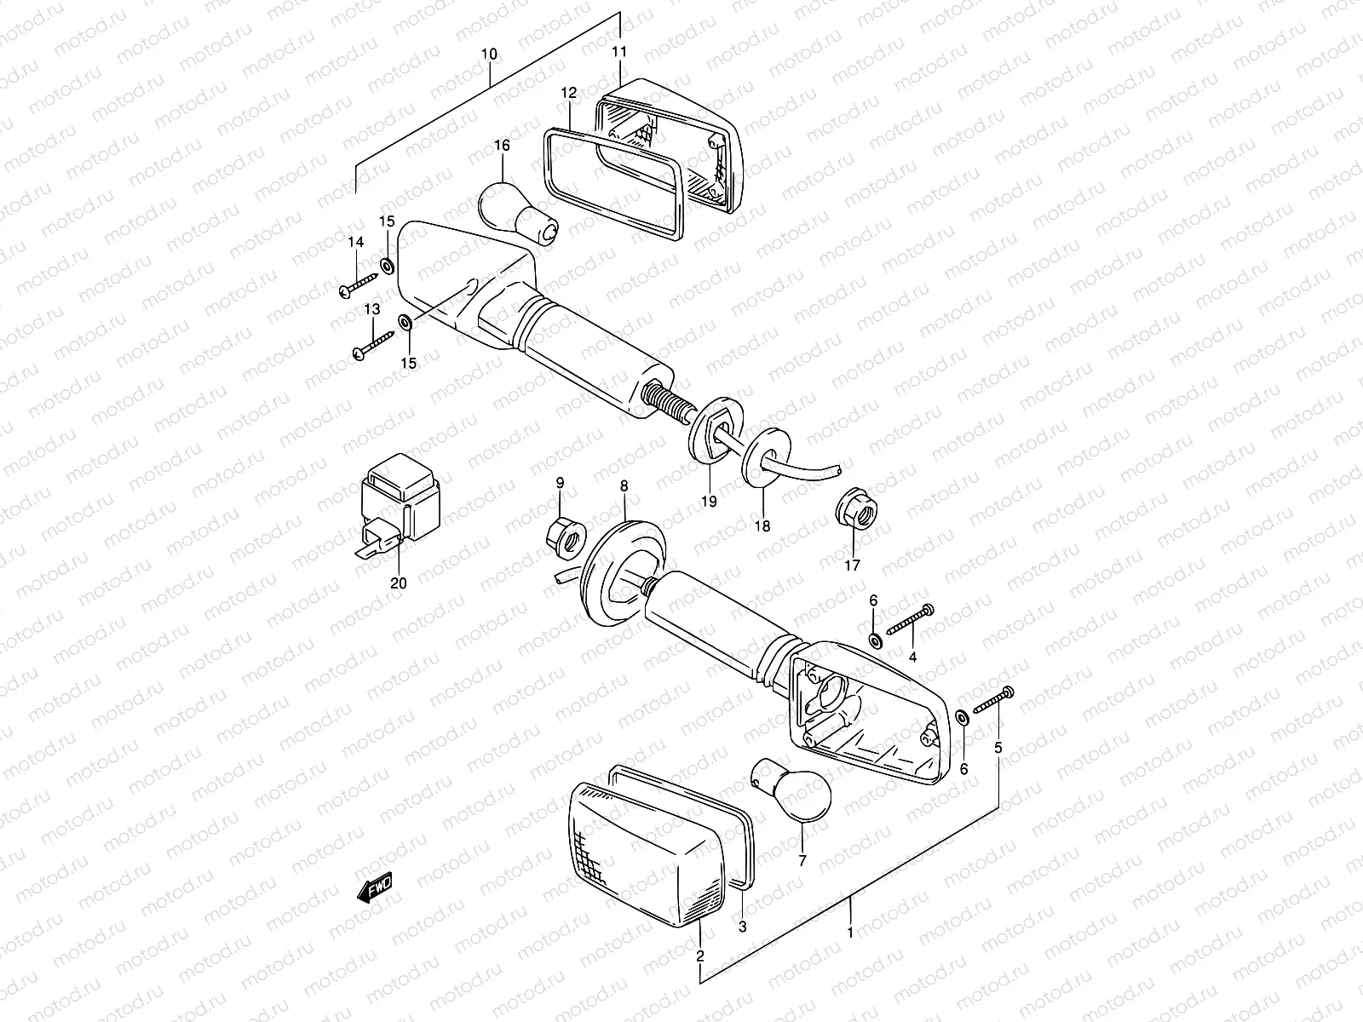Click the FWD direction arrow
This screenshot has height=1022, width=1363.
[375, 887]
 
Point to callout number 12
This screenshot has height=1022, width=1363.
[569, 92]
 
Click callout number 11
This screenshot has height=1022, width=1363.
[619, 52]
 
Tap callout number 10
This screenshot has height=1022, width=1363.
[489, 54]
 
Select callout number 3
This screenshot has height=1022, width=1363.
[742, 927]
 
